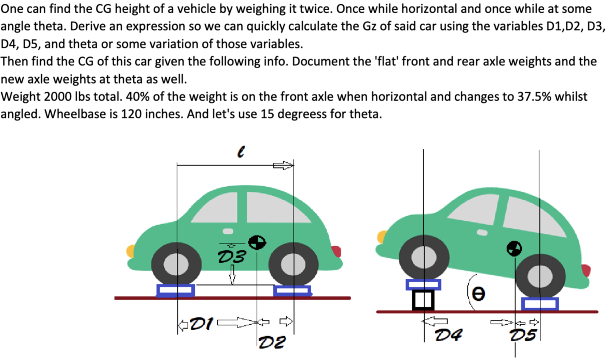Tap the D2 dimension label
(272, 341)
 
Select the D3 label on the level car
(232, 256)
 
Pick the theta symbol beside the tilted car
(479, 294)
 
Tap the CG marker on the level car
(257, 242)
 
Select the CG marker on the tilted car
(514, 248)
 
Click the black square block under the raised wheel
(423, 300)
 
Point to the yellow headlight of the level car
(131, 251)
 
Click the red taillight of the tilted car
(586, 270)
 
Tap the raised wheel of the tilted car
(423, 257)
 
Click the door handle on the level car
(228, 231)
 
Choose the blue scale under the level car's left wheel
(176, 290)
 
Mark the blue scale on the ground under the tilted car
(539, 304)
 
